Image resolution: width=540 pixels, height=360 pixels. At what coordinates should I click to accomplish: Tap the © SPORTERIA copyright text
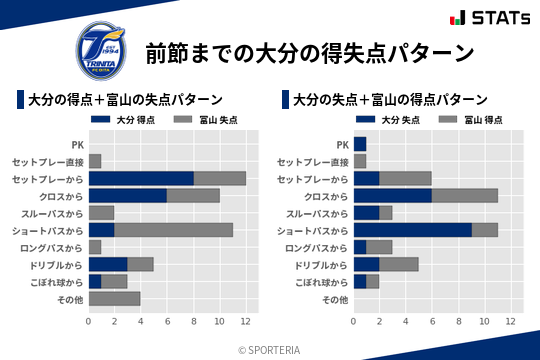pos(270,349)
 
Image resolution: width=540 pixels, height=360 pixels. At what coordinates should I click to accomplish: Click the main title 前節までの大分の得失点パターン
pos(309,52)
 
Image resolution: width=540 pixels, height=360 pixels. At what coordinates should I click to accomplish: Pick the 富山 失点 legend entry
pos(203,120)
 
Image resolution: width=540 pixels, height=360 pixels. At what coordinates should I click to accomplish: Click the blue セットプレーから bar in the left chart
pos(141,178)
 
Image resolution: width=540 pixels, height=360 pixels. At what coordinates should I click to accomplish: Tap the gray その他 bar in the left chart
pos(115,298)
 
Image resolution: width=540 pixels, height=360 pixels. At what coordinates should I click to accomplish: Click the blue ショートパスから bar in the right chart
pos(413,229)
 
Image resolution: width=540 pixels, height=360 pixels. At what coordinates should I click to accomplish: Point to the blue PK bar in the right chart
pos(360,144)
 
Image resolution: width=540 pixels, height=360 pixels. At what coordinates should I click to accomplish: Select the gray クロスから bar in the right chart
pos(465,195)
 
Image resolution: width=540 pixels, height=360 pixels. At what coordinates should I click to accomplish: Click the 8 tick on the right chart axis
pos(458,321)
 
